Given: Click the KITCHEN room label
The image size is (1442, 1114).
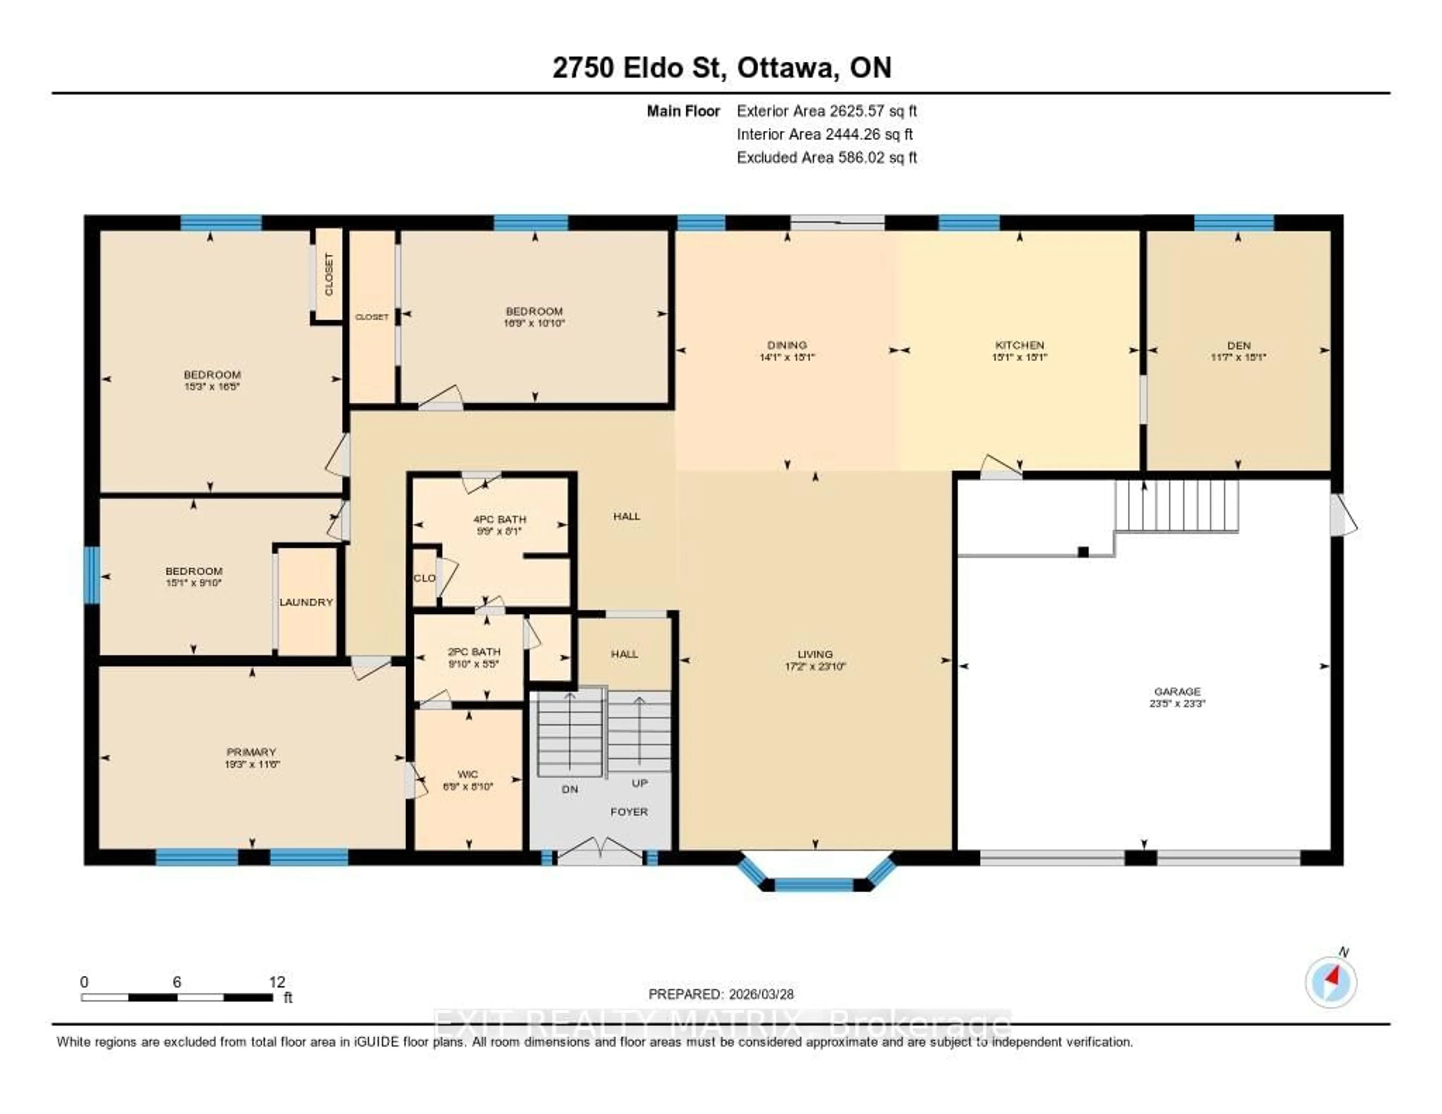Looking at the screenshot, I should click(x=1020, y=345).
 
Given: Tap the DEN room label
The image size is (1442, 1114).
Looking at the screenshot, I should click(x=1238, y=345).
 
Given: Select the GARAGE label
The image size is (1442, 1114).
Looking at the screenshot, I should click(x=1177, y=691).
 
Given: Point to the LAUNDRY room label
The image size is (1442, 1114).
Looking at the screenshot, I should click(x=306, y=602).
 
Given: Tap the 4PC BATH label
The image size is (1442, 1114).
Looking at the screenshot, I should click(x=500, y=519).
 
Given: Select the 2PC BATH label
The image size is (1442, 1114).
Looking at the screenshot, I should click(x=474, y=652).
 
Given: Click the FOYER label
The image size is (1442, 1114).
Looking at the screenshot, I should click(x=629, y=812).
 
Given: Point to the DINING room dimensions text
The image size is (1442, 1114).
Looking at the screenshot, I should click(x=787, y=357).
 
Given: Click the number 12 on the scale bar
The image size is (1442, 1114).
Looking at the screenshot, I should click(x=277, y=982).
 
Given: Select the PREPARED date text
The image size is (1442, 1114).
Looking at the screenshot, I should click(x=721, y=994).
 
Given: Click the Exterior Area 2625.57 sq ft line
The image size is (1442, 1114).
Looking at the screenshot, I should click(x=827, y=111).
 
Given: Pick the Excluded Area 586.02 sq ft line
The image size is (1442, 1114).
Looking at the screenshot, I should click(x=827, y=157).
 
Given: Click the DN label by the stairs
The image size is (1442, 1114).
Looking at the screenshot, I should click(x=570, y=789).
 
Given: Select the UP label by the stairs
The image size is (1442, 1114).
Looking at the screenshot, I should click(x=639, y=783).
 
